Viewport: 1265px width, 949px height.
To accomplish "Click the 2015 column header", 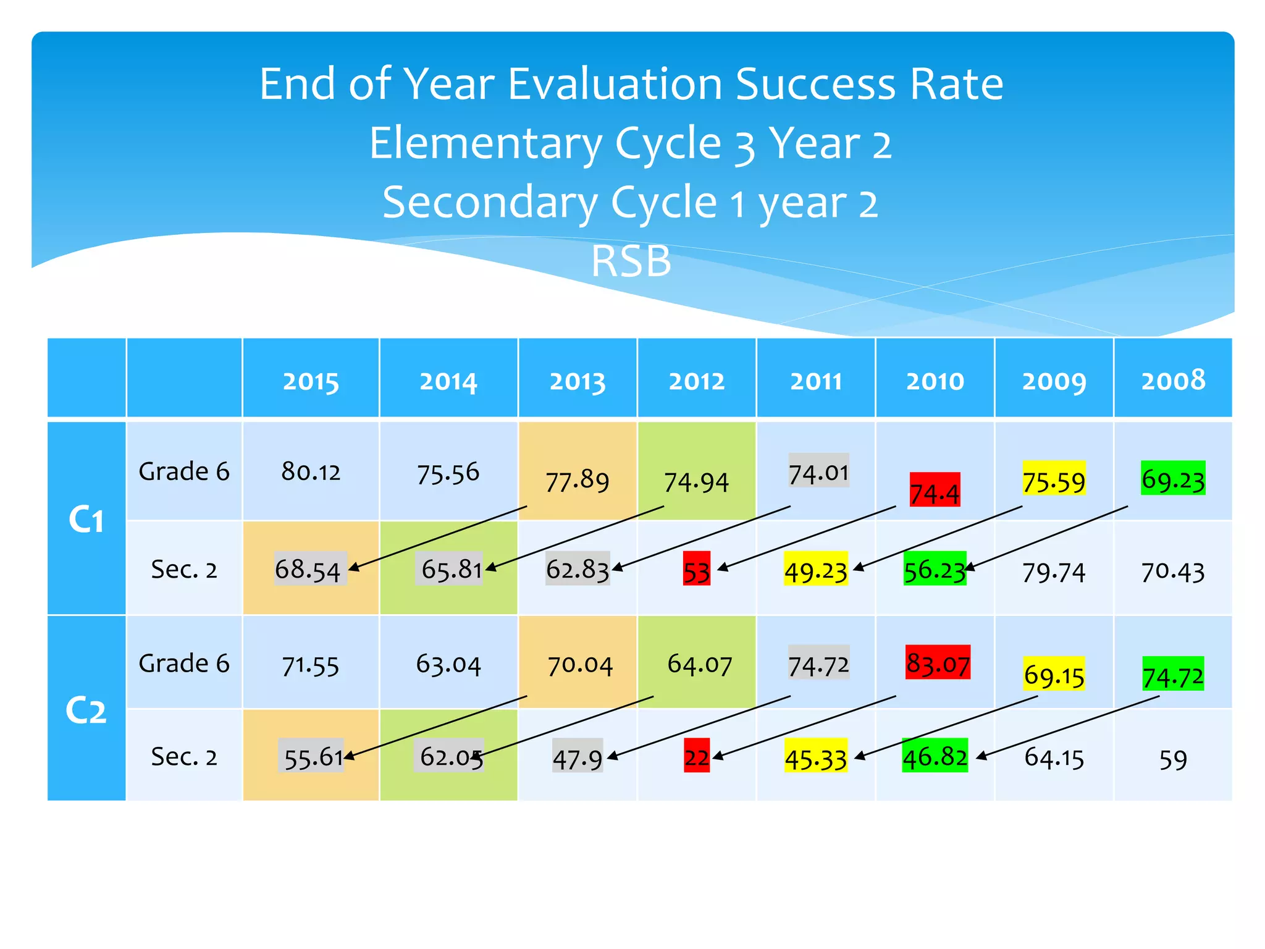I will [311, 381].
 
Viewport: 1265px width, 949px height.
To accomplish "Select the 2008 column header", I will [1172, 380].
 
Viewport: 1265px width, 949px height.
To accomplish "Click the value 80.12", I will [311, 472].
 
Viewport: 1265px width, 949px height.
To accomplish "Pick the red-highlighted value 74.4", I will [935, 492].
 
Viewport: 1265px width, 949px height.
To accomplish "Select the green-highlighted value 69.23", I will [1172, 479].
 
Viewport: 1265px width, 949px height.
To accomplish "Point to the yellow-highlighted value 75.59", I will [1053, 481].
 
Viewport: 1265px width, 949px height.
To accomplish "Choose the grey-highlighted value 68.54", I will [308, 569].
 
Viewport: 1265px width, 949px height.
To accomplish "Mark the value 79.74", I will [1053, 572].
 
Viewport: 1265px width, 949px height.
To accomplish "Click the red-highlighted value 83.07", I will [937, 663].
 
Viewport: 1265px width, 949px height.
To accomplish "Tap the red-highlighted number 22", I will [696, 756].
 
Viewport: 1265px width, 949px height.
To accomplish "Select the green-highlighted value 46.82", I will [935, 756].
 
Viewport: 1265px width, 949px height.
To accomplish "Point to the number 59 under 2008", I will [1172, 759].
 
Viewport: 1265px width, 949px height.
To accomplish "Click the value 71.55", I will [311, 666].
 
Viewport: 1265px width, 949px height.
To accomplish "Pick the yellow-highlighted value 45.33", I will [815, 757].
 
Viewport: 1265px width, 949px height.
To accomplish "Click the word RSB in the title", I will [631, 261].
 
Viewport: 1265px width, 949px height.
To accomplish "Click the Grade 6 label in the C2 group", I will [183, 663].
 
